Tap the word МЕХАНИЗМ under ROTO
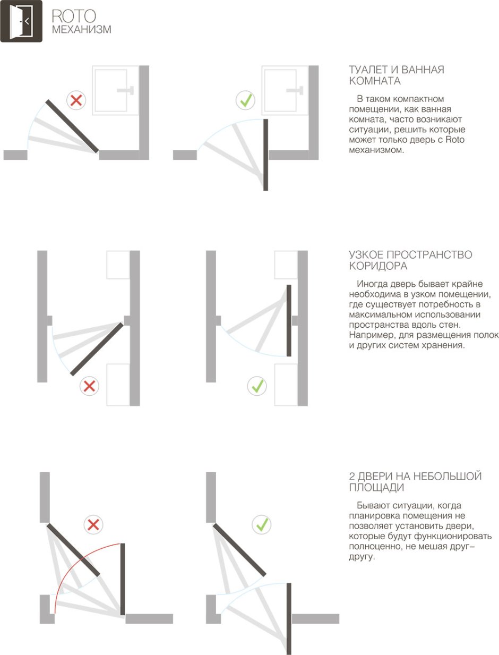pyautogui.click(x=81, y=30)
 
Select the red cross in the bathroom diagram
pyautogui.click(x=76, y=100)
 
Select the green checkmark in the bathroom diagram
pyautogui.click(x=245, y=100)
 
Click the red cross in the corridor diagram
pyautogui.click(x=89, y=386)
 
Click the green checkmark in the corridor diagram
pyautogui.click(x=257, y=386)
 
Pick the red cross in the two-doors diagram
pyautogui.click(x=93, y=525)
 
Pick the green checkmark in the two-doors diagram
pyautogui.click(x=262, y=525)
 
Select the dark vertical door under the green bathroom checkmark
pyautogui.click(x=266, y=154)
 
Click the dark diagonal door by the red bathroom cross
pyautogui.click(x=72, y=126)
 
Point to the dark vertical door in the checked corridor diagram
pyautogui.click(x=289, y=320)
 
